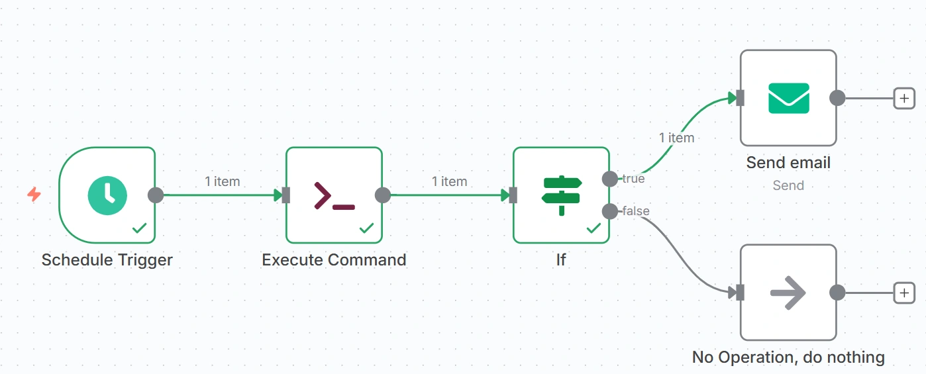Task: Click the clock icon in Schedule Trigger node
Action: (107, 195)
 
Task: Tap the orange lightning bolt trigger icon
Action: (34, 195)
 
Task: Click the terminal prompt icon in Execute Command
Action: (334, 195)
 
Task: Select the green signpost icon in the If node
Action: (561, 195)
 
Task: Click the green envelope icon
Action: (788, 98)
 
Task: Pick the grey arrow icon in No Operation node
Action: (788, 292)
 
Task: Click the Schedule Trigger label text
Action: (107, 260)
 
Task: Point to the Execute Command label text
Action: (334, 260)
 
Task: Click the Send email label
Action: (788, 163)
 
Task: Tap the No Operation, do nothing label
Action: (788, 357)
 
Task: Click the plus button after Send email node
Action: (904, 99)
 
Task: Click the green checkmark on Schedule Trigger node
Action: (139, 228)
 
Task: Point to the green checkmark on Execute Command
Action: (366, 228)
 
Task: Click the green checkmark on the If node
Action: (593, 228)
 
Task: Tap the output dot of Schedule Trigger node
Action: (155, 195)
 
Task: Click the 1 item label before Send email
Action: (676, 138)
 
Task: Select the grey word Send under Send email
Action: (788, 185)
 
